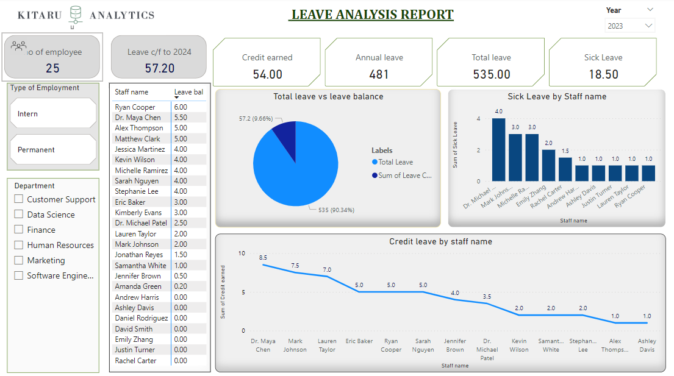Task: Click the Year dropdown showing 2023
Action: pyautogui.click(x=630, y=26)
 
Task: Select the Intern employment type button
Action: pyautogui.click(x=53, y=114)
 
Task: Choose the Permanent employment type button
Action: pyautogui.click(x=53, y=149)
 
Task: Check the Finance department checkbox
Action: pyautogui.click(x=19, y=230)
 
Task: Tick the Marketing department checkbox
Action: pyautogui.click(x=19, y=260)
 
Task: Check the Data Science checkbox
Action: pyautogui.click(x=19, y=215)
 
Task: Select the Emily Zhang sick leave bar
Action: pyautogui.click(x=549, y=165)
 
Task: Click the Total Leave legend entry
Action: pyautogui.click(x=395, y=162)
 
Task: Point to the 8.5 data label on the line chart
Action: pyautogui.click(x=263, y=257)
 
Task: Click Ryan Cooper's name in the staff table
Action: pyautogui.click(x=135, y=107)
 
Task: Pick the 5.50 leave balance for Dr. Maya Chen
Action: pyautogui.click(x=181, y=118)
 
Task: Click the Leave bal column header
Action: pyautogui.click(x=188, y=92)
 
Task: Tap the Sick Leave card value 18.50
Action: pyautogui.click(x=602, y=74)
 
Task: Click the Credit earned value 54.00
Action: pyautogui.click(x=267, y=74)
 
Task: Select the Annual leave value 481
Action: pyautogui.click(x=379, y=74)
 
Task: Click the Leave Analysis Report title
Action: pyautogui.click(x=372, y=15)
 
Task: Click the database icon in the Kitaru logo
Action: pyautogui.click(x=76, y=16)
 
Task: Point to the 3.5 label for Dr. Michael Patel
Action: pyautogui.click(x=487, y=296)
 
